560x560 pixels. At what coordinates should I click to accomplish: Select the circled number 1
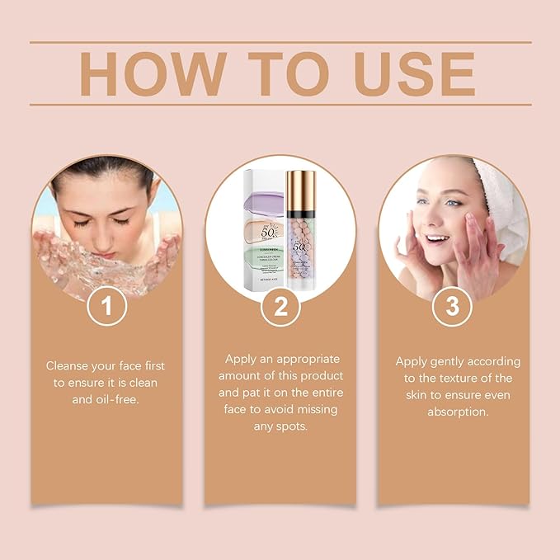click(107, 307)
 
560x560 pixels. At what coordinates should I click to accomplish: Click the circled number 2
click(280, 307)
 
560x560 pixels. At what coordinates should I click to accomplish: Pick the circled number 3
click(452, 307)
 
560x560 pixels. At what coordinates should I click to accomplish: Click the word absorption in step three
click(452, 411)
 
